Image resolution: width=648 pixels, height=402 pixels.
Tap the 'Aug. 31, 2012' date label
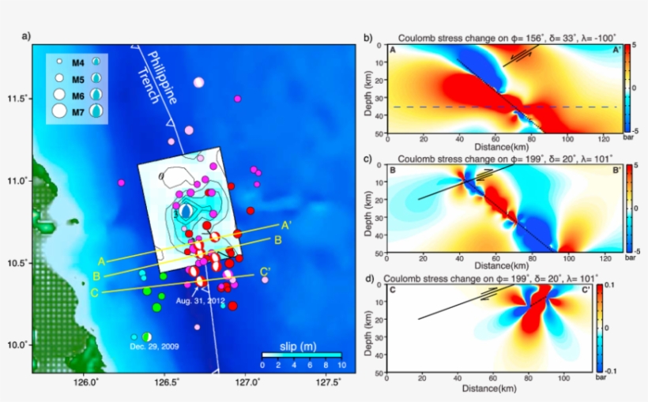(200, 301)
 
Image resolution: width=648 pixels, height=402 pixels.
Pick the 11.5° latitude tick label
(17, 99)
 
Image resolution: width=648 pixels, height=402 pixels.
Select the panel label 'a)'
(27, 36)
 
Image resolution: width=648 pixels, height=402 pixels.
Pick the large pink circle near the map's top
(198, 82)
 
